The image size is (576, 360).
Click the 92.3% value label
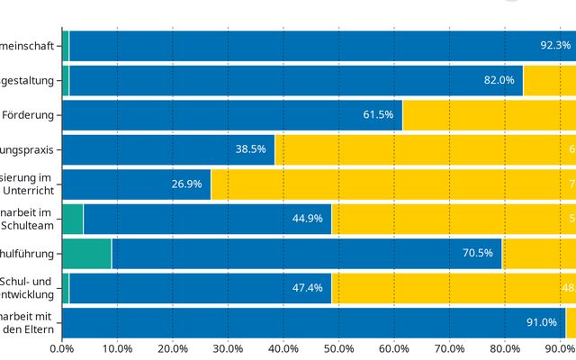click(555, 45)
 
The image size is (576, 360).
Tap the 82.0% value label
click(499, 80)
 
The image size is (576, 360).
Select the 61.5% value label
click(378, 114)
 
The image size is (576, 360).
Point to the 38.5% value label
click(250, 149)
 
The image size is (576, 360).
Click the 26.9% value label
click(186, 184)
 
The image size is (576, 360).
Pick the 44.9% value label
click(307, 219)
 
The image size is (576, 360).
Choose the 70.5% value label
click(478, 253)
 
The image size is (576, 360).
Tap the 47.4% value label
click(307, 288)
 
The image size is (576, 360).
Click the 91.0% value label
click(542, 322)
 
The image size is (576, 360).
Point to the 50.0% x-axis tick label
click(339, 348)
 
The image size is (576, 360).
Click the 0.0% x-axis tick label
click(62, 348)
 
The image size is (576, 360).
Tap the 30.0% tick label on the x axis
click(229, 348)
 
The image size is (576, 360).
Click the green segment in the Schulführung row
click(86, 253)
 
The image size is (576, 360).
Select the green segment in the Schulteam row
click(72, 219)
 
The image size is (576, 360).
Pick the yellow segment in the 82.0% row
click(549, 80)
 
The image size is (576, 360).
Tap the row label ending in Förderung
click(29, 114)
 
